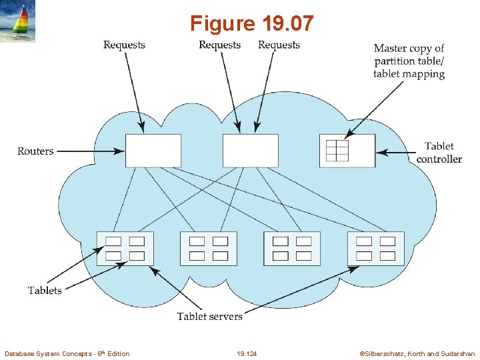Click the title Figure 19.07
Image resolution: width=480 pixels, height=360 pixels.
251,23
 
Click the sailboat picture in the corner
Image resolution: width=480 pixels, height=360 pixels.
18,22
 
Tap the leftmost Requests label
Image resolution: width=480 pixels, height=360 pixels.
124,45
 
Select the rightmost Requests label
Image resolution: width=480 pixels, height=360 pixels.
279,45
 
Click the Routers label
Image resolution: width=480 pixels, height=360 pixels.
35,151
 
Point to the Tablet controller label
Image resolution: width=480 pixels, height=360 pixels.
439,153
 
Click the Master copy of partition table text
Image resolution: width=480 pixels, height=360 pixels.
409,61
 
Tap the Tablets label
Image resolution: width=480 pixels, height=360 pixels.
45,290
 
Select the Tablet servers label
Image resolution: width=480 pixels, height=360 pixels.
210,316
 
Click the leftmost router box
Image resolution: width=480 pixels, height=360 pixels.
153,151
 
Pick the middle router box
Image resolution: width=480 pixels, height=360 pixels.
250,151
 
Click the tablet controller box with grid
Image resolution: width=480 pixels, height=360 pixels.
347,151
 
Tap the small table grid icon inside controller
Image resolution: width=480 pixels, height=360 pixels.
337,151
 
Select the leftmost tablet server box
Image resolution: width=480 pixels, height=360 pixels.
125,249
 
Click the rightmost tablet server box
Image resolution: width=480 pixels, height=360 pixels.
375,249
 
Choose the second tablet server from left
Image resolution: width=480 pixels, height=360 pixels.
208,249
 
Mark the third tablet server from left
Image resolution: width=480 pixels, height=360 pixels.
292,249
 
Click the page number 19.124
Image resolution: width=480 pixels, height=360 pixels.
247,353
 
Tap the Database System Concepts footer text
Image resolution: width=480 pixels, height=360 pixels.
67,353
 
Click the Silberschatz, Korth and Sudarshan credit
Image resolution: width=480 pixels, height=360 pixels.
417,353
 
